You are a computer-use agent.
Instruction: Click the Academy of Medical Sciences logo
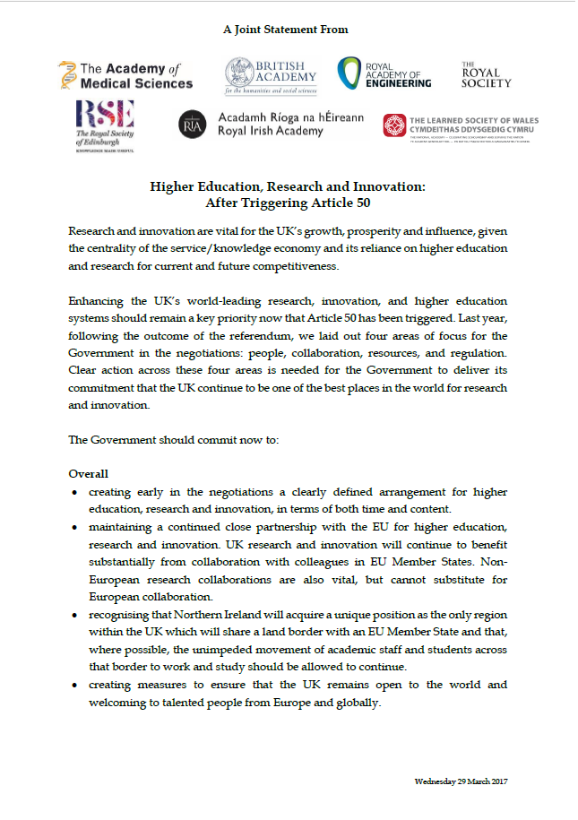(125, 75)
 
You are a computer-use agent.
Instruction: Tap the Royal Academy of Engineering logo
(384, 73)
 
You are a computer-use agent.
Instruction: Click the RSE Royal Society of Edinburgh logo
(106, 125)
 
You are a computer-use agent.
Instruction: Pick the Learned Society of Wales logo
(457, 126)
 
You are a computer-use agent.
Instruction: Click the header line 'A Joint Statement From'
(285, 30)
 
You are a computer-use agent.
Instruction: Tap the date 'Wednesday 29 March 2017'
(461, 781)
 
